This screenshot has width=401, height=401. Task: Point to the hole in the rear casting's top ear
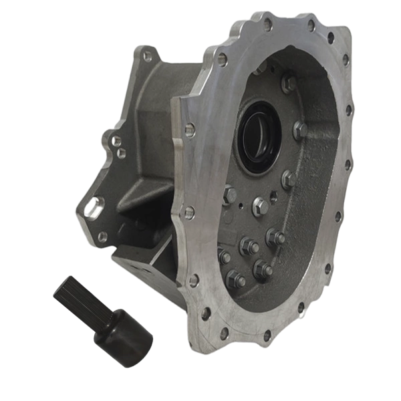(x=146, y=57)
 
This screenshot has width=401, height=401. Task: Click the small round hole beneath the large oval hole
(x=102, y=235)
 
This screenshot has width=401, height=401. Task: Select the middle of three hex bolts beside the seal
(x=299, y=130)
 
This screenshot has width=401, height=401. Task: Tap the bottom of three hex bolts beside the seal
(x=289, y=178)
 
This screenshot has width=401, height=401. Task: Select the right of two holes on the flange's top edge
(x=311, y=26)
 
